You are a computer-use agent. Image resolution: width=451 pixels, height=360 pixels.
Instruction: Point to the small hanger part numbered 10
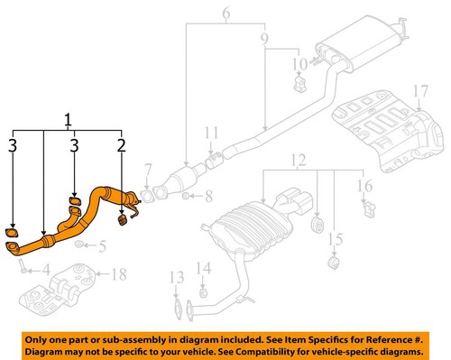pos(297,86)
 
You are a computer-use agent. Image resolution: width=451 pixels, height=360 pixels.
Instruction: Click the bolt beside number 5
pos(81,244)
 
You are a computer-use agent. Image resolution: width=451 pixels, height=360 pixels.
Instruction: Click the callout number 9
pos(263,40)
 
